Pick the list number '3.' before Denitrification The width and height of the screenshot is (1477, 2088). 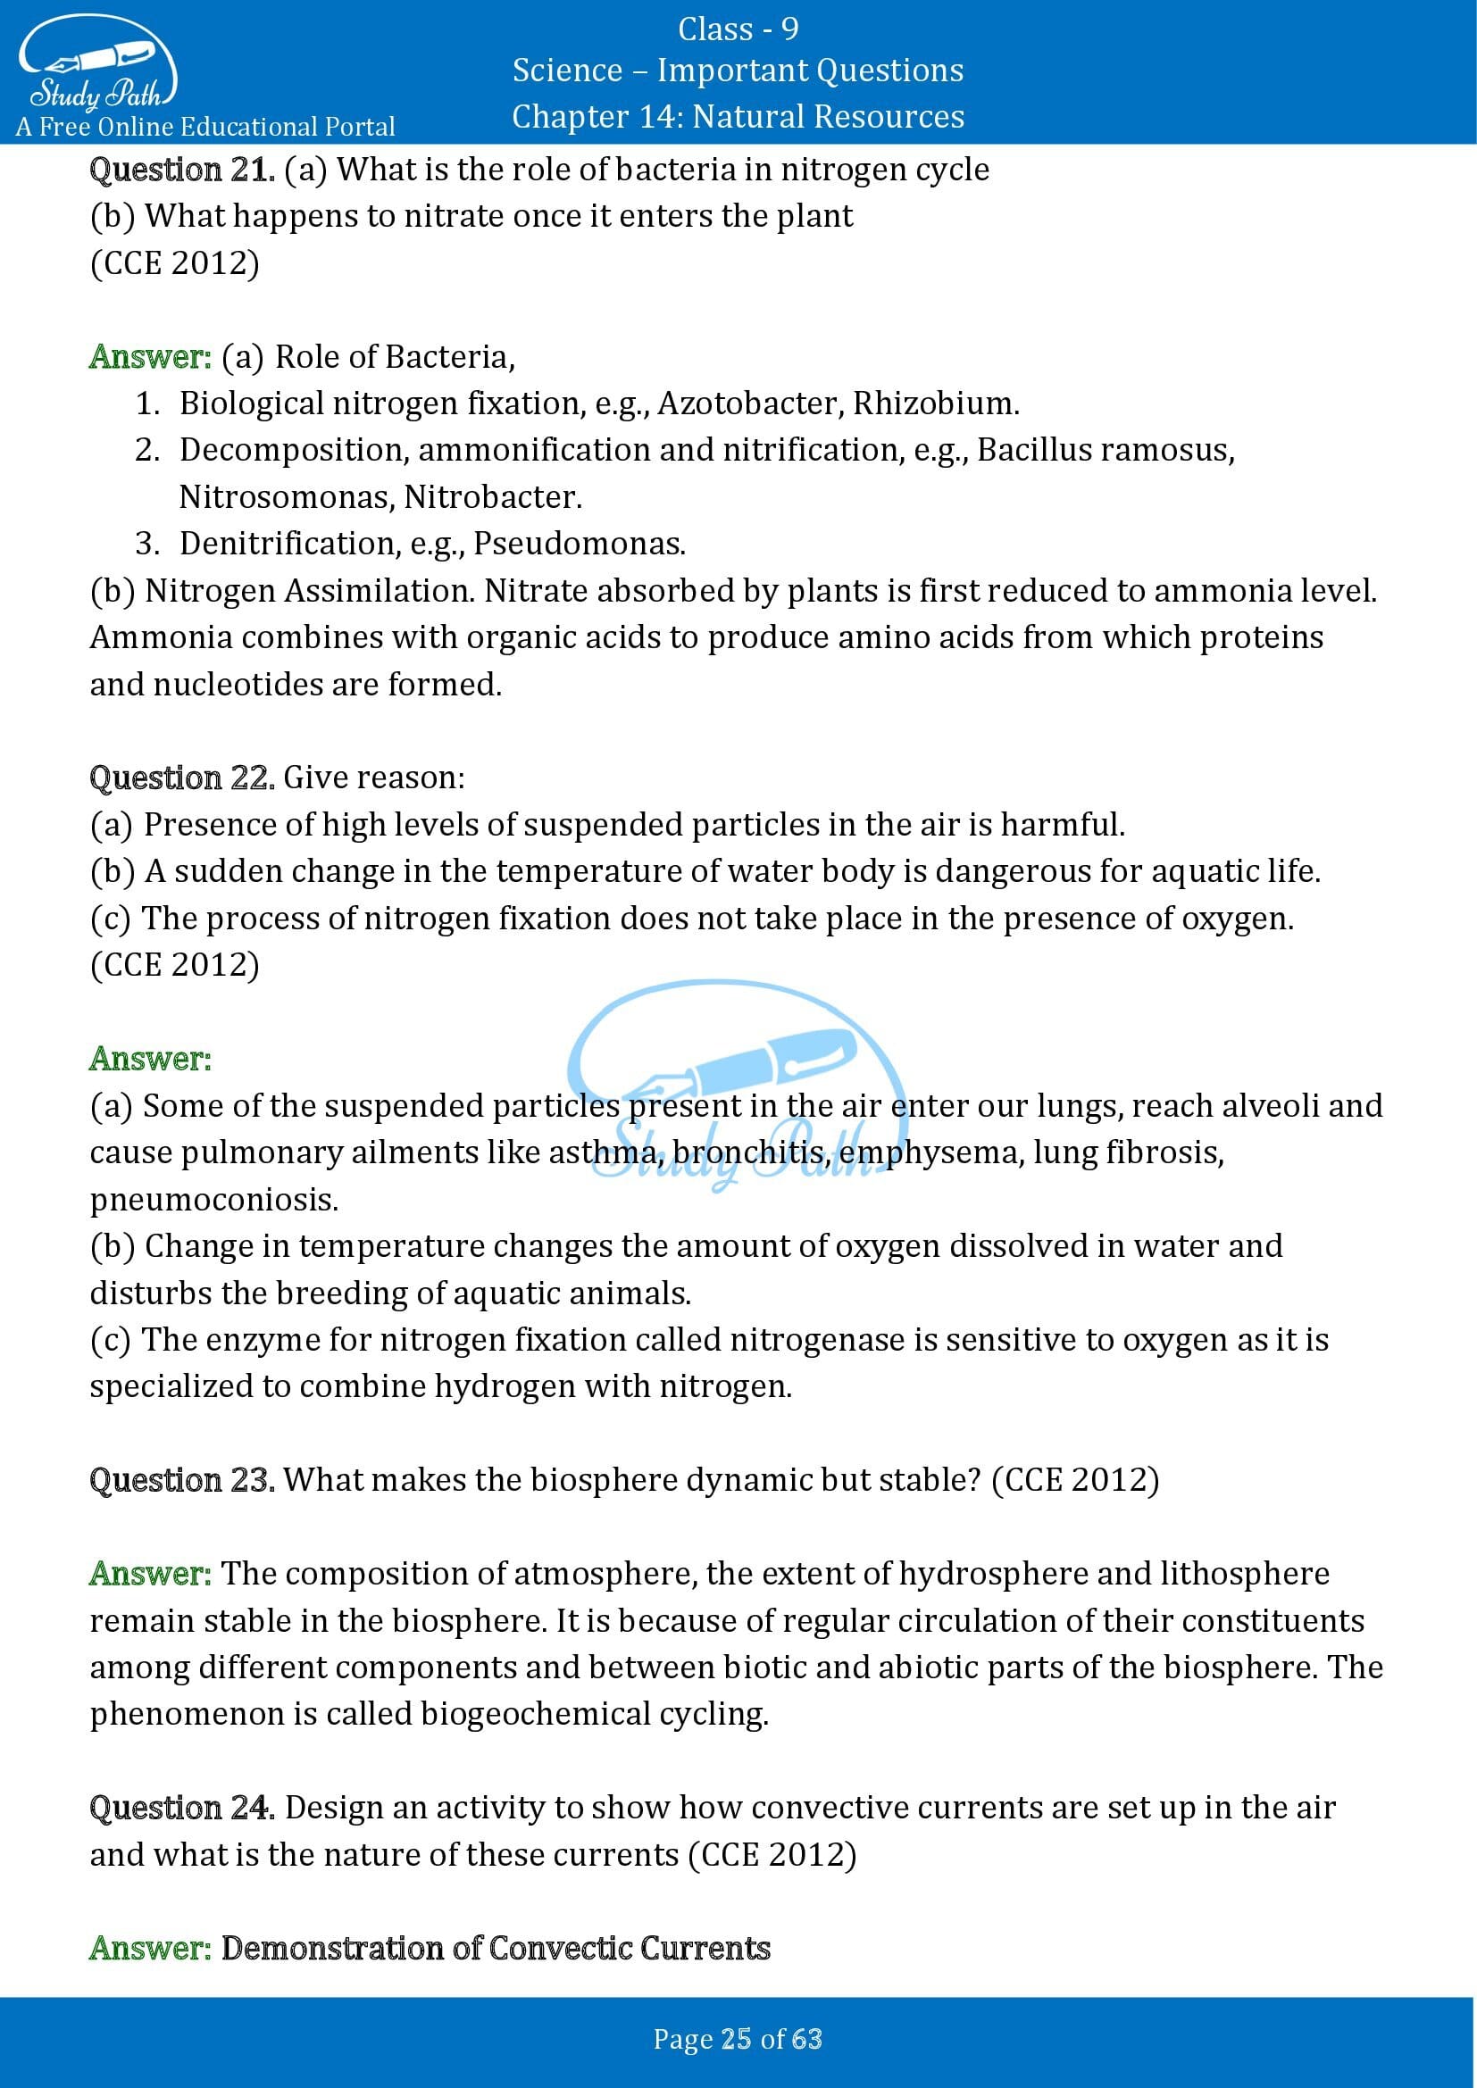pyautogui.click(x=147, y=544)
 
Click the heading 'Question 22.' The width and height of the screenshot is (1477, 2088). pyautogui.click(x=182, y=778)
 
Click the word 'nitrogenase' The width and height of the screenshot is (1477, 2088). pyautogui.click(x=818, y=1340)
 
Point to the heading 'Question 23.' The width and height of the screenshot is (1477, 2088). pyautogui.click(x=182, y=1480)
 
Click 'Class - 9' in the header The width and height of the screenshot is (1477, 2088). pyautogui.click(x=738, y=30)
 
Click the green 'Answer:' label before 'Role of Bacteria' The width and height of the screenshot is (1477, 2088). pyautogui.click(x=150, y=356)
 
